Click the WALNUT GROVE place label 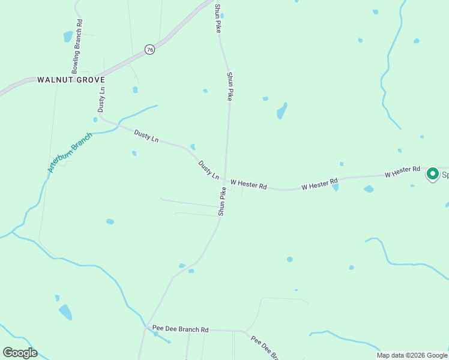click(71, 79)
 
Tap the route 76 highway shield click(149, 50)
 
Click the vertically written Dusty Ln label click(101, 99)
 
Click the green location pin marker click(432, 174)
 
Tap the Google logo click(20, 353)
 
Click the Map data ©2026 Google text click(412, 355)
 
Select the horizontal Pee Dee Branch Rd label click(180, 329)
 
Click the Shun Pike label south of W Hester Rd click(222, 202)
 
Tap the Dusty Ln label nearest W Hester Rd click(209, 170)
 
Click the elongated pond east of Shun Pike click(282, 111)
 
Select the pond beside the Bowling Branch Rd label click(68, 37)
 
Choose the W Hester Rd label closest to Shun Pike click(248, 183)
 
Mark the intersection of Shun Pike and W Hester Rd click(225, 181)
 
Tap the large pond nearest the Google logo click(65, 312)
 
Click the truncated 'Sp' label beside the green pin click(445, 175)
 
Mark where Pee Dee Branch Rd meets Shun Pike click(146, 328)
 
